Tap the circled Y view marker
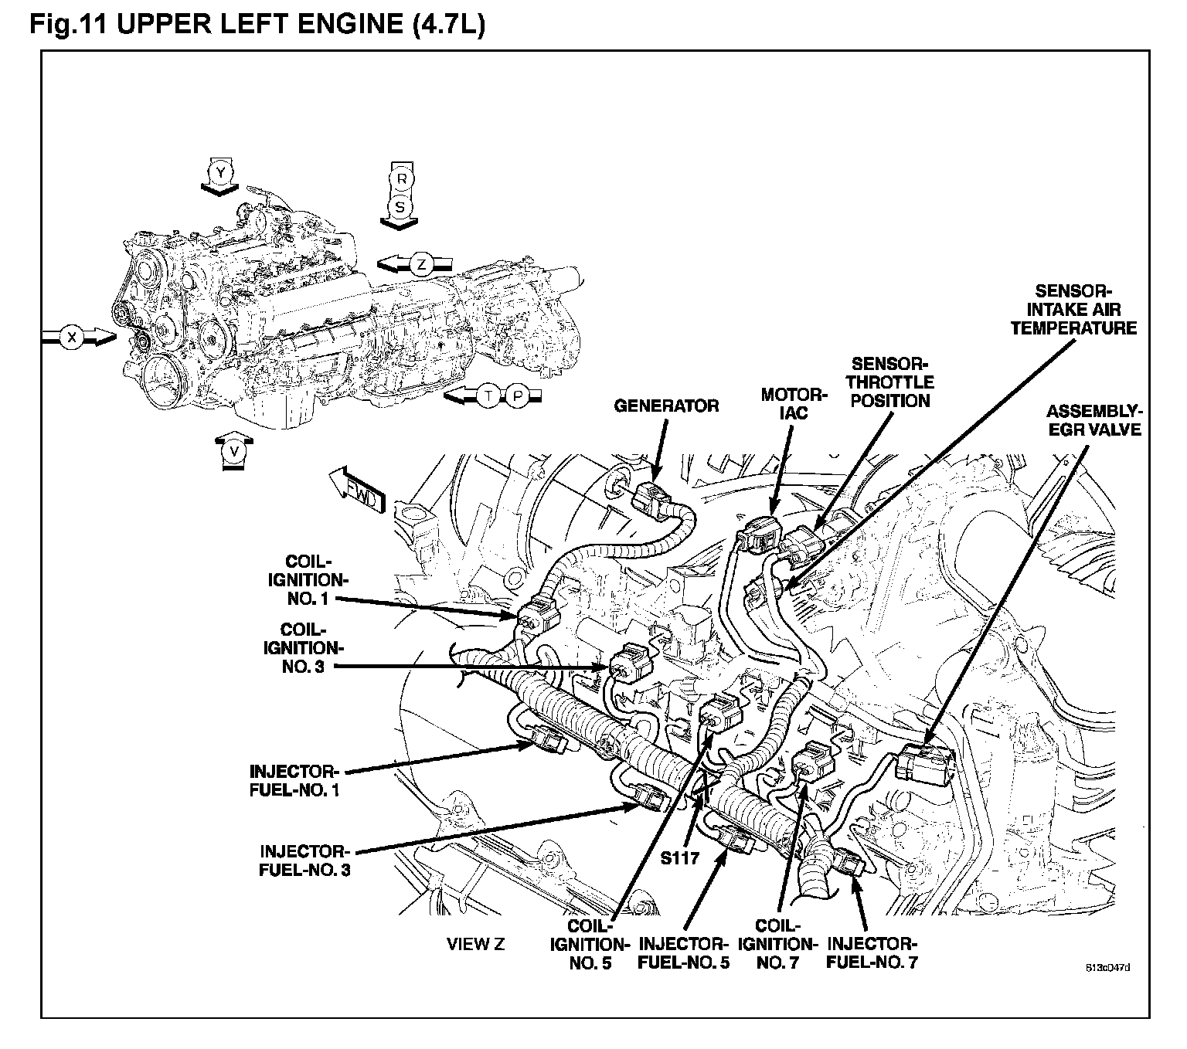pyautogui.click(x=221, y=173)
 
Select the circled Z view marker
pyautogui.click(x=421, y=264)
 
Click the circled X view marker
pyautogui.click(x=72, y=338)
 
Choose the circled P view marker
pyautogui.click(x=519, y=396)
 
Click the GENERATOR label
pyautogui.click(x=666, y=406)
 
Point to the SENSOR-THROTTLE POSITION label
pyautogui.click(x=891, y=382)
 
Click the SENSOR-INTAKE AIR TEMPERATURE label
pyautogui.click(x=1073, y=310)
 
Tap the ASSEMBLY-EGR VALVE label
pyautogui.click(x=1094, y=419)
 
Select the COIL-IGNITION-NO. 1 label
pyautogui.click(x=308, y=579)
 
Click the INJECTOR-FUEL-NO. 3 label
pyautogui.click(x=305, y=860)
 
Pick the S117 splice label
pyautogui.click(x=680, y=857)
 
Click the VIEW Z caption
pyautogui.click(x=476, y=944)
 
